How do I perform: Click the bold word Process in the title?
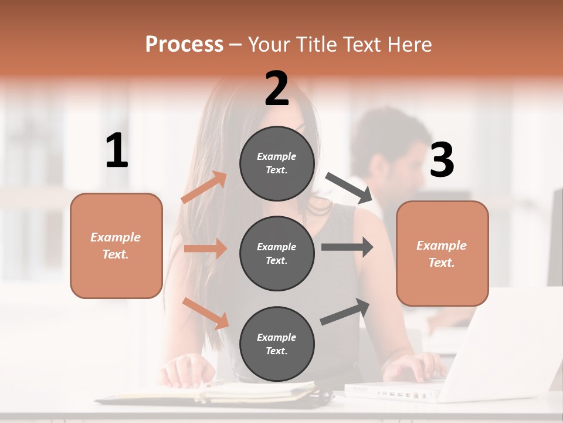coord(184,44)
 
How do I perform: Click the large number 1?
coord(117,151)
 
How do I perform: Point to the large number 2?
coord(277,89)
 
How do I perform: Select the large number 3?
coord(442,160)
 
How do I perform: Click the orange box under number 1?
coord(116,246)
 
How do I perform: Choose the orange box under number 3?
coord(442,253)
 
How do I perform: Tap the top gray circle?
coord(277,163)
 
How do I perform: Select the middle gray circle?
coord(277,253)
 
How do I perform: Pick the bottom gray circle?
coord(277,344)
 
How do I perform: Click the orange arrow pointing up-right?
coord(204,187)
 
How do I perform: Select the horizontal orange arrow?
coord(205,249)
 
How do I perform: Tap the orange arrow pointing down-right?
coord(206,313)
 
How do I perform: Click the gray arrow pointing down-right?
coord(349,188)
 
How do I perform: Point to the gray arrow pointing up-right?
coord(345,311)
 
